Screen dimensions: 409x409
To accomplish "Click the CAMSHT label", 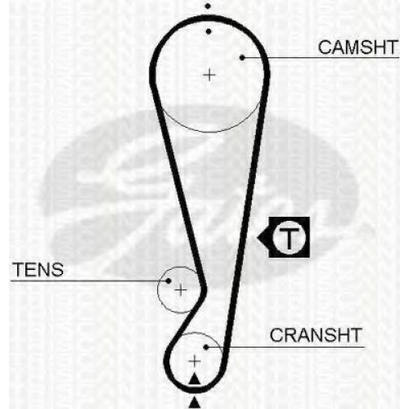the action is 357,47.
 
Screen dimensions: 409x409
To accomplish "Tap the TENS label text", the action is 38,270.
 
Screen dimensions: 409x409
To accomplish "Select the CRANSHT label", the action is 316,335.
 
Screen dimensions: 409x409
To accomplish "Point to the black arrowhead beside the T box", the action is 263,238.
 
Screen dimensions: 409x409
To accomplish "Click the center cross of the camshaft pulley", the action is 209,74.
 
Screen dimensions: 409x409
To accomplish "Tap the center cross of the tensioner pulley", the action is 181,290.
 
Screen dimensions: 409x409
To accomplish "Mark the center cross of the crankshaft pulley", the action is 195,362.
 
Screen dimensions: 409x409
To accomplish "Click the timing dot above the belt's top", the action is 208,6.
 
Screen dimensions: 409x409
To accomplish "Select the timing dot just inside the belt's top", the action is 209,32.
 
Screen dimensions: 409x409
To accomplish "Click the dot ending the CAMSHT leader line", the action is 242,57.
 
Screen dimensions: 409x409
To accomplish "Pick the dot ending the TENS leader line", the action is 169,281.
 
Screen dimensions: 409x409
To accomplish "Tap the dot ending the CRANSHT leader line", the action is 206,347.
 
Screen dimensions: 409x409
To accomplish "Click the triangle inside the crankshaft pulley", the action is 195,380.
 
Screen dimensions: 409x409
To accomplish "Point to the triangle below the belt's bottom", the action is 195,403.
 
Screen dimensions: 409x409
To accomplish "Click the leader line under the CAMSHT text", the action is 321,57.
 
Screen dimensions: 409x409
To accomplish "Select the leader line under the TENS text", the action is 89,281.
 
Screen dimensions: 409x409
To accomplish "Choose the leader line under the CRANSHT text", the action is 285,347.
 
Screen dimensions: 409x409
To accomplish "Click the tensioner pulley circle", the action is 158,290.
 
